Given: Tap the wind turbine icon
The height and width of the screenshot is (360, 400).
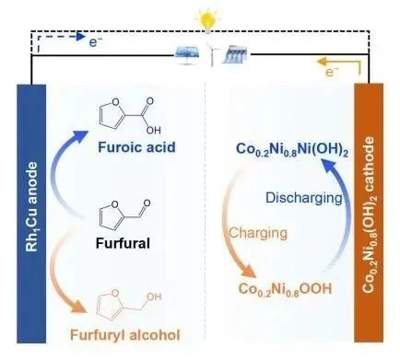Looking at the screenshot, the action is (x=211, y=54).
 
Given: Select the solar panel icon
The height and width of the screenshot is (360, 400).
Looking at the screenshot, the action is (x=186, y=55).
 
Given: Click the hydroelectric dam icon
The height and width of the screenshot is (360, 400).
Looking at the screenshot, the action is (x=235, y=54).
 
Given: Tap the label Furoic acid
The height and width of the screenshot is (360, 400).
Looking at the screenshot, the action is (x=136, y=147).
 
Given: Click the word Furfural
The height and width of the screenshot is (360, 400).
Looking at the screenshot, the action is (x=123, y=243).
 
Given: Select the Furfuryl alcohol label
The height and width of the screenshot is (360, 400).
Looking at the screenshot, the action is (x=125, y=335).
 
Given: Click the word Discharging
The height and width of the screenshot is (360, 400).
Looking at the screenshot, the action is (x=303, y=198).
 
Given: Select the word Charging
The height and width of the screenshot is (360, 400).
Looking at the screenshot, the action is (x=258, y=233).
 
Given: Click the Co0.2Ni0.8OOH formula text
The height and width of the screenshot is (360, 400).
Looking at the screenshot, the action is (x=285, y=289).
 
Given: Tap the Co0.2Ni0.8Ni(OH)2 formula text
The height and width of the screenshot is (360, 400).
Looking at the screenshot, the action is (x=292, y=149).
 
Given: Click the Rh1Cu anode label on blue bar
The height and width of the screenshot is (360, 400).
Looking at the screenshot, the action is (x=31, y=207).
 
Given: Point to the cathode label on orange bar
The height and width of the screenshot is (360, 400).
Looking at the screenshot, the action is (x=369, y=215).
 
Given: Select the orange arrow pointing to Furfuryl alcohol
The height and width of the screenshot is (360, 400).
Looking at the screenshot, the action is (x=56, y=276).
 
